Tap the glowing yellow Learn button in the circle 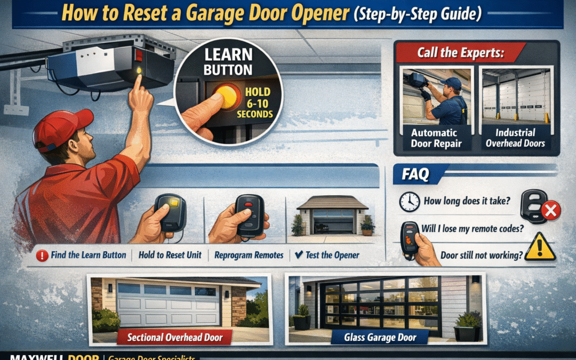coord(226,97)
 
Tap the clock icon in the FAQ coord(409,202)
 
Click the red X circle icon coord(550,212)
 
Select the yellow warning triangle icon coord(540,248)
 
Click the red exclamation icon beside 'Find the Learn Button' coord(43,255)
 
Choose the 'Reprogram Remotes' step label coord(249,255)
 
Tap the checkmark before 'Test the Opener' coord(299,255)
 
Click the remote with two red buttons coord(250,214)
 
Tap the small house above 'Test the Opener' coord(332,216)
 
